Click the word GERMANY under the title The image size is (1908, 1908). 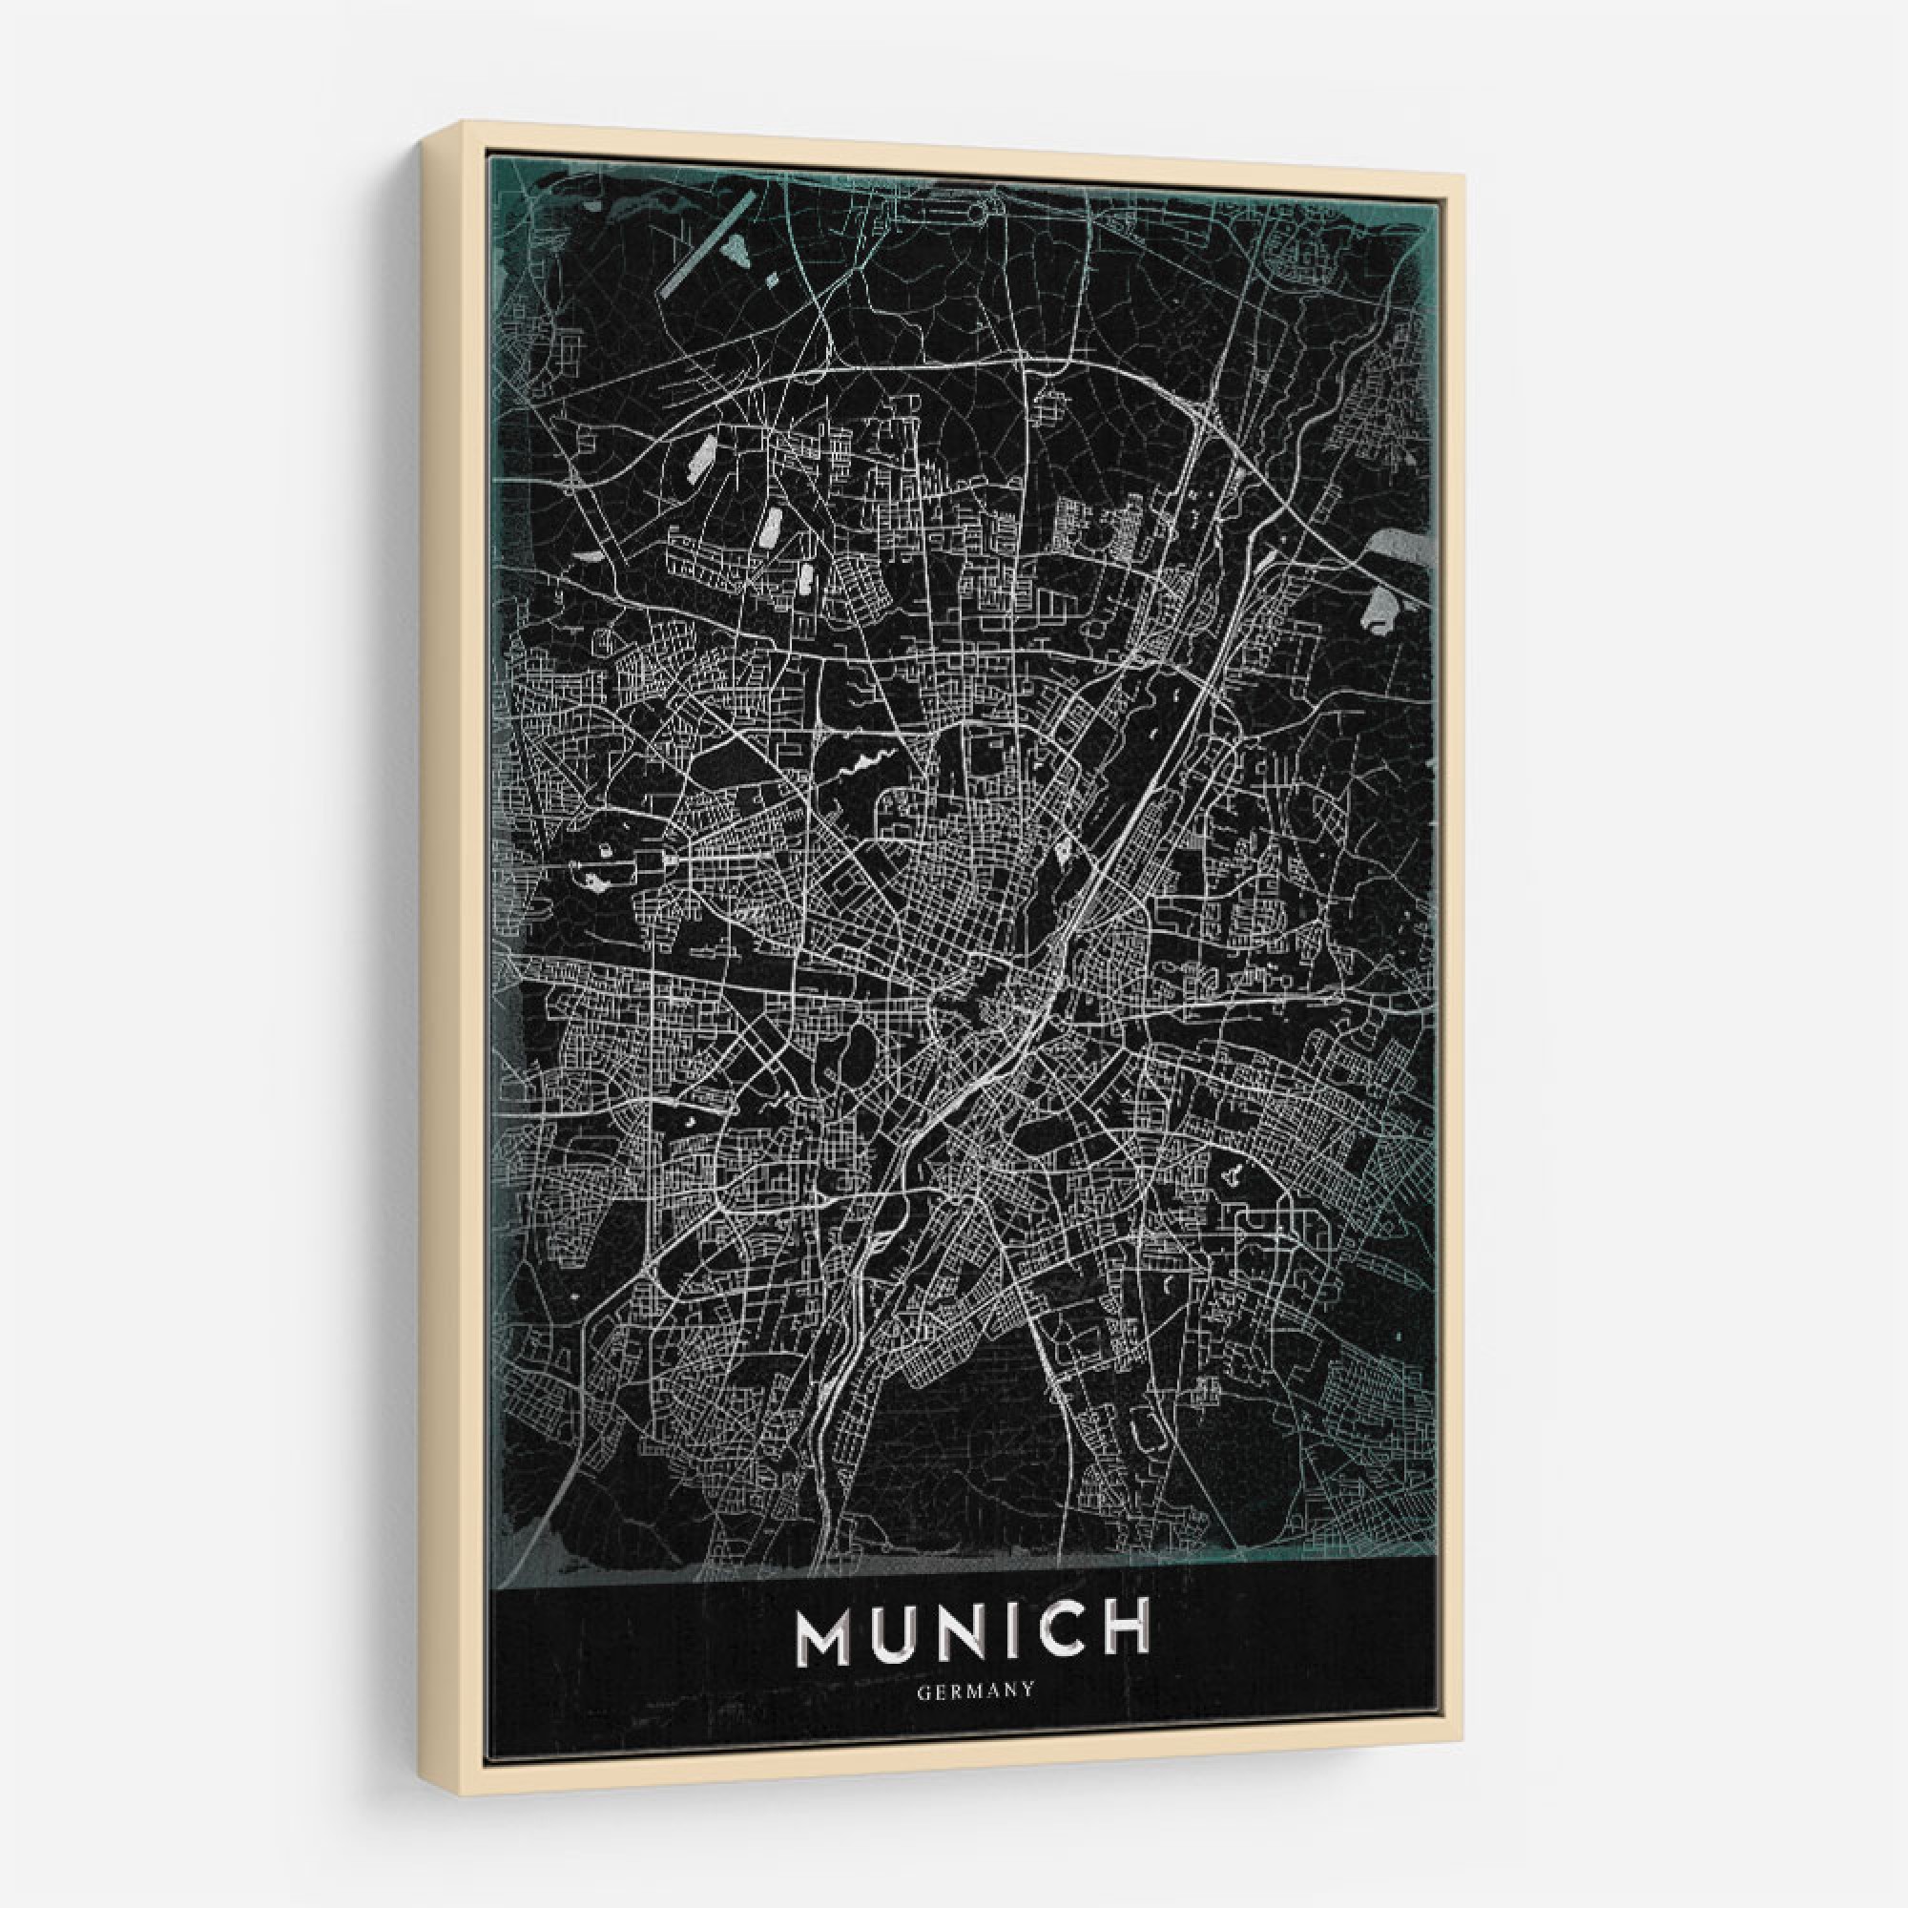pyautogui.click(x=976, y=1690)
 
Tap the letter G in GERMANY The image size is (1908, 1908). pyautogui.click(x=923, y=1690)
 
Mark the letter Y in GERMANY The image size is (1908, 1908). pyautogui.click(x=1028, y=1690)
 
